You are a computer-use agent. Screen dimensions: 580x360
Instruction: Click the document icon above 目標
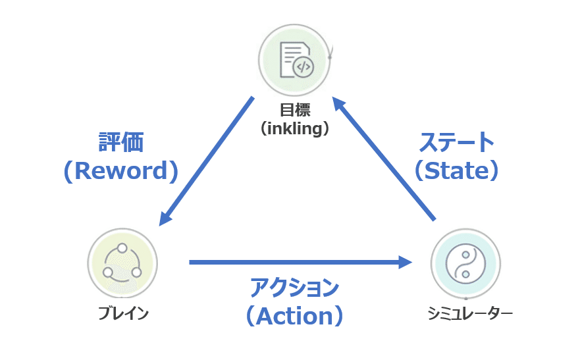(x=295, y=60)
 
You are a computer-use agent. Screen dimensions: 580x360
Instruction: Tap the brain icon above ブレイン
(x=122, y=263)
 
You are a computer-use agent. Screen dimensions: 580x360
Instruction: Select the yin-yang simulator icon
(x=465, y=264)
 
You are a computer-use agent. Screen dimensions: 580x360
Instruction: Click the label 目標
(x=295, y=110)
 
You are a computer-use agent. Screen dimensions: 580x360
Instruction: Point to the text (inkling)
(x=295, y=128)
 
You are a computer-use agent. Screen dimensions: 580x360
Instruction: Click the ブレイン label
(x=123, y=313)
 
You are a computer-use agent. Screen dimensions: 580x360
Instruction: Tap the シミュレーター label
(x=470, y=313)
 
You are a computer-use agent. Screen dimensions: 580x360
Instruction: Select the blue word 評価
(x=121, y=142)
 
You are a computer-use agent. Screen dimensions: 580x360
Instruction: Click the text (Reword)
(x=121, y=170)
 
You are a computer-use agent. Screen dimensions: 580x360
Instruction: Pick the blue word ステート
(x=456, y=142)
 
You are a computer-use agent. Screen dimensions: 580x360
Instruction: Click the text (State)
(x=456, y=170)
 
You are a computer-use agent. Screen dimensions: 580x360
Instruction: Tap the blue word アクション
(x=294, y=288)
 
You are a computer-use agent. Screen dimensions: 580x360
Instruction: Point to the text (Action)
(x=295, y=316)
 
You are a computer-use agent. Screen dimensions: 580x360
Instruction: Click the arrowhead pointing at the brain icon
(x=165, y=218)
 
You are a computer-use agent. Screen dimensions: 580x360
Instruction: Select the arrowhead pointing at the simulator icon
(x=405, y=263)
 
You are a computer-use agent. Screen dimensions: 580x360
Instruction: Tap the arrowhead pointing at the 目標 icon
(x=338, y=103)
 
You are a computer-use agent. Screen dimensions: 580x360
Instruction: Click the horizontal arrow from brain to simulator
(x=300, y=263)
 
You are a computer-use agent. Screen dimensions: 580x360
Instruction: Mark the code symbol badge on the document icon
(x=303, y=67)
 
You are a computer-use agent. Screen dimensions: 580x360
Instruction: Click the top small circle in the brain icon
(x=122, y=248)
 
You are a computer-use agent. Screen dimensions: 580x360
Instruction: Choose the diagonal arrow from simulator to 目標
(x=384, y=159)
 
